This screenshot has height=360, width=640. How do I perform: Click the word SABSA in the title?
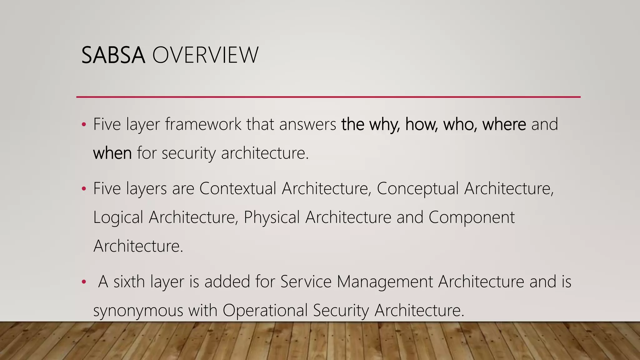(113, 55)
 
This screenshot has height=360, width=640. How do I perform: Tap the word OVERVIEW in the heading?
(205, 55)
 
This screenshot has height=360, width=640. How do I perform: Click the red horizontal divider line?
(328, 97)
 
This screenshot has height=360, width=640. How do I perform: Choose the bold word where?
(504, 124)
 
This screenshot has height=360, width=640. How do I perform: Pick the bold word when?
(112, 153)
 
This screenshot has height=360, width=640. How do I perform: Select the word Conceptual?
(417, 188)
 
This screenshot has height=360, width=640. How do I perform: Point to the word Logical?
(118, 217)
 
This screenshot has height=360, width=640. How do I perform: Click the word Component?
(471, 217)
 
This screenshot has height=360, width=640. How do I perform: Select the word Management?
(385, 282)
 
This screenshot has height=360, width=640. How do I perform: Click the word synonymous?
(138, 311)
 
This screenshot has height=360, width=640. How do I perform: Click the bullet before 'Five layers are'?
(83, 189)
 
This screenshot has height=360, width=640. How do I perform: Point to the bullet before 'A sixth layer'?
(83, 282)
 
